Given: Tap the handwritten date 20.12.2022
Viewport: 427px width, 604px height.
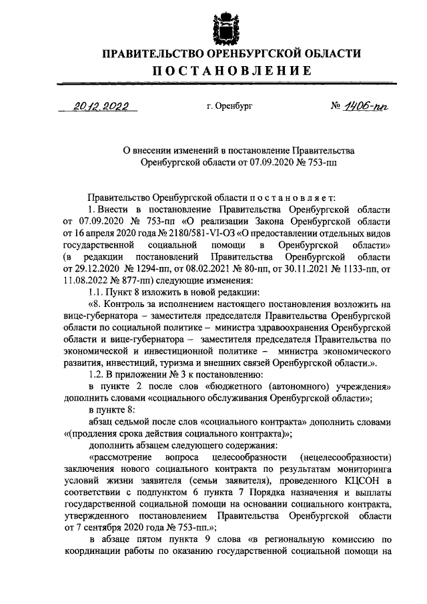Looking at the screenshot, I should (101, 105).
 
